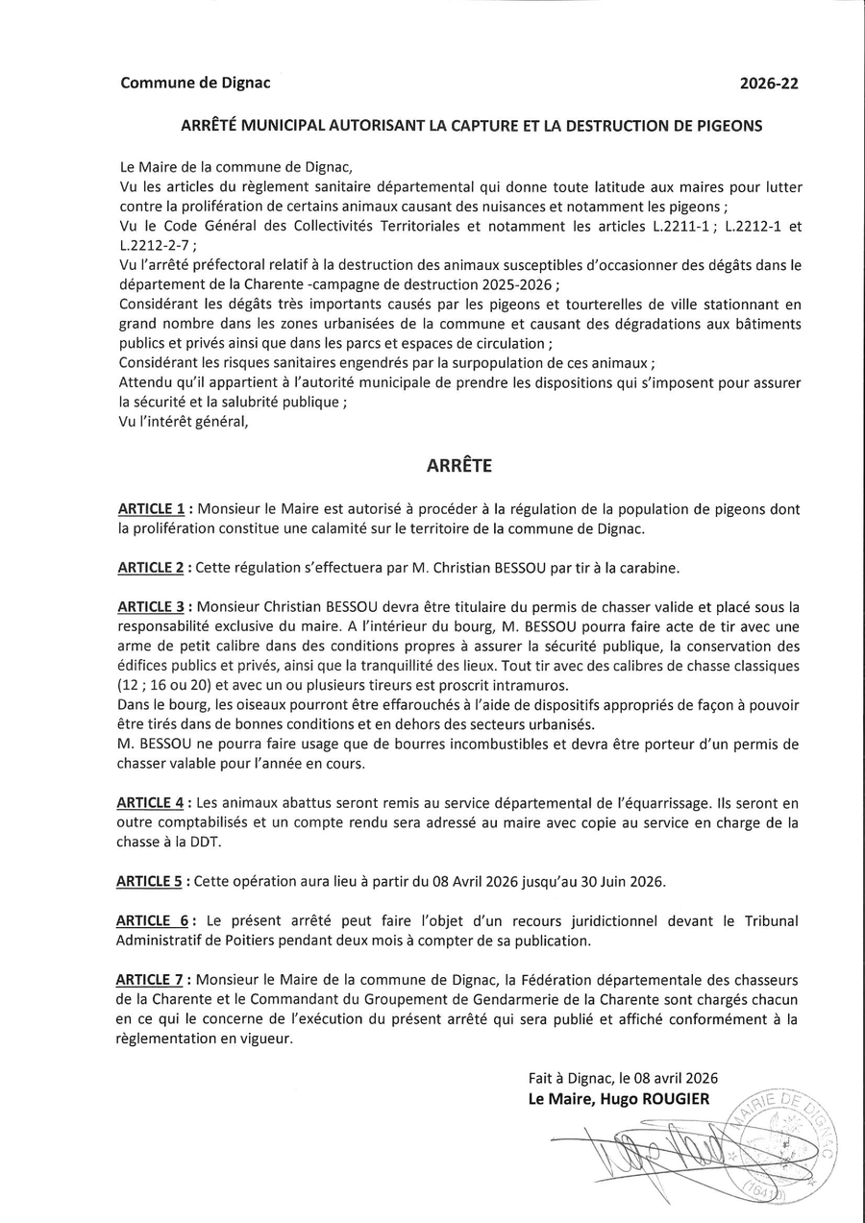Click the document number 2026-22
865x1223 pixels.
point(769,84)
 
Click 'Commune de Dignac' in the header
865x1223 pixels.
point(195,83)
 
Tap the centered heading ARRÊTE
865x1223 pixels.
point(458,465)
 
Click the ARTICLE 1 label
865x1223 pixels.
point(151,508)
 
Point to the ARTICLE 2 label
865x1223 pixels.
point(151,568)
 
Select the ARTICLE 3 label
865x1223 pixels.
point(151,607)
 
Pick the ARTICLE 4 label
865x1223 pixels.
point(151,802)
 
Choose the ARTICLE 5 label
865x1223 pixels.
point(151,881)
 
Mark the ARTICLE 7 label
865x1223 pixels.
point(151,980)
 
